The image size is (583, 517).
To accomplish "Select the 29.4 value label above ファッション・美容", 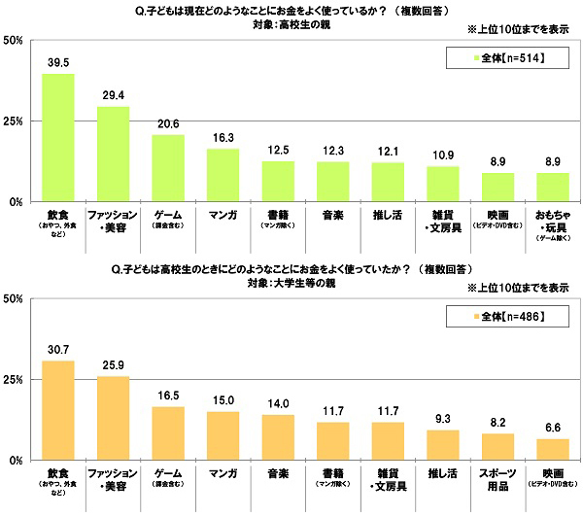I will (114, 96).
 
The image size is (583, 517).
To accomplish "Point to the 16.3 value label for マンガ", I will (223, 139).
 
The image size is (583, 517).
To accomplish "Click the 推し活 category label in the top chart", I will (388, 212).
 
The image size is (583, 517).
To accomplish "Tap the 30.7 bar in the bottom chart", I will (58, 410).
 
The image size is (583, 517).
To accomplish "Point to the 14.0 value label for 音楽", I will (278, 404).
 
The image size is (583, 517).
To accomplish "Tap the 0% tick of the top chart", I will (17, 202).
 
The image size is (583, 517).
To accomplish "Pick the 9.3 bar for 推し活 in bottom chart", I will (443, 445).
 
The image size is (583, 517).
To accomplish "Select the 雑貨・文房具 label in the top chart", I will (443, 217).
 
